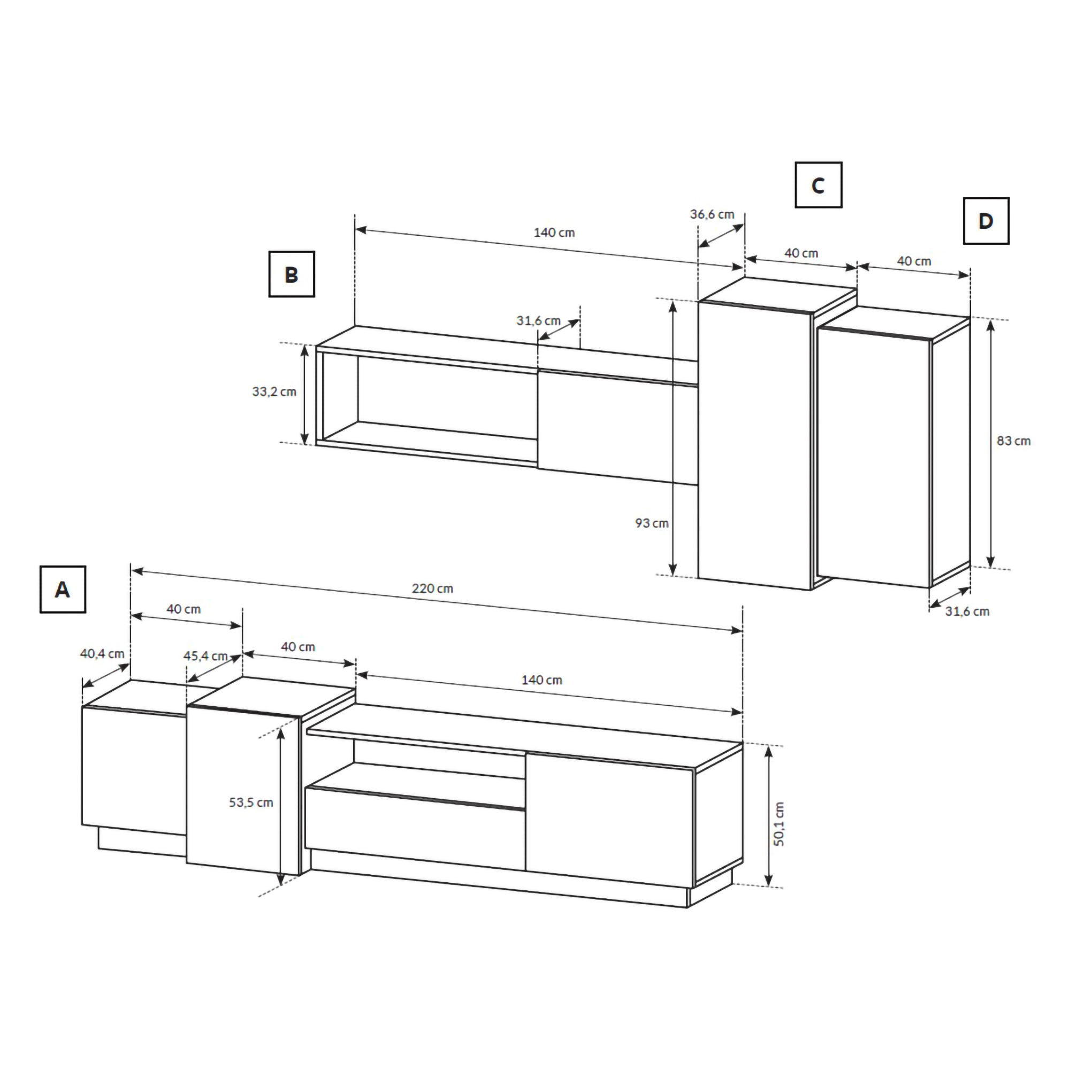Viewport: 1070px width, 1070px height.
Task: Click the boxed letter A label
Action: point(63,589)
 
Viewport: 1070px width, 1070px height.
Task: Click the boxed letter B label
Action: point(292,274)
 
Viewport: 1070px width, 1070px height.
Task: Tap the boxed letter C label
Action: point(818,185)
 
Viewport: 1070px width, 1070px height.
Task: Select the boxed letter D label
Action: point(986,221)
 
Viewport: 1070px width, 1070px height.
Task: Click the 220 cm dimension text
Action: point(432,588)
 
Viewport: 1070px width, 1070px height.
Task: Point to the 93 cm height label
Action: point(652,523)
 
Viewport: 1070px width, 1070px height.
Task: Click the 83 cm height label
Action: point(1013,441)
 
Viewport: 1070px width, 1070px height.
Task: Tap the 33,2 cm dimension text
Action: point(274,392)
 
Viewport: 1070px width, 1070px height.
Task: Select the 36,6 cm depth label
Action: point(712,215)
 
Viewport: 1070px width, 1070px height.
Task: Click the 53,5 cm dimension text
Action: point(251,802)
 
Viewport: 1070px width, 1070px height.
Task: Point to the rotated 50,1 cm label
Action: point(779,824)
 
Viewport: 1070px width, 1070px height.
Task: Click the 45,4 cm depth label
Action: point(205,656)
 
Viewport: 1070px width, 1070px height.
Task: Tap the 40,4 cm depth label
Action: point(103,654)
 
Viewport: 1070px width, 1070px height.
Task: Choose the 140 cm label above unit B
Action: point(554,233)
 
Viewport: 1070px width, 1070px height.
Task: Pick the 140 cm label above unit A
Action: point(542,680)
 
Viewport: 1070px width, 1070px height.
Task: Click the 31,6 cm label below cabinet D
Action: point(967,612)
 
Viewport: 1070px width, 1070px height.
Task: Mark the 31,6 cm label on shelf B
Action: point(539,320)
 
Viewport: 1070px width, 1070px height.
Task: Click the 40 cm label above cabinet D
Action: point(914,261)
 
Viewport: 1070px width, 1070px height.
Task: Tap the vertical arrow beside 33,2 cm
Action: point(304,394)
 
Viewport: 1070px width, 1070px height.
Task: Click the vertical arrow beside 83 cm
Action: point(991,444)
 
